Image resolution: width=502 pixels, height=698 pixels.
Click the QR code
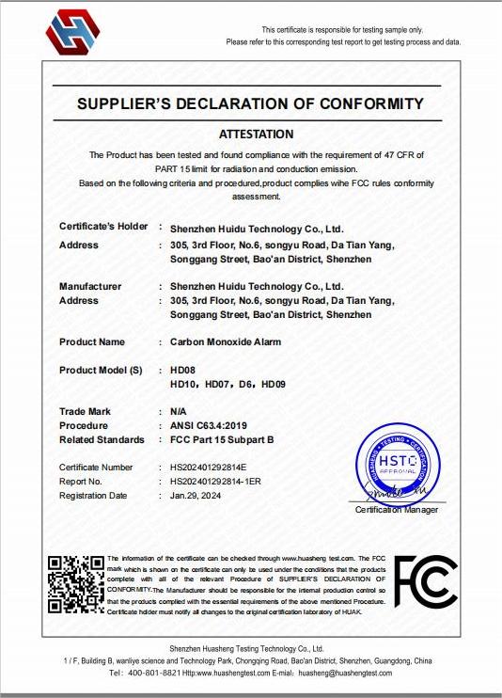coord(76,584)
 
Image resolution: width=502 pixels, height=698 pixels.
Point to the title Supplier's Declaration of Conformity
coord(250,103)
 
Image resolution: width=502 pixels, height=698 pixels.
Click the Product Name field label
coord(92,341)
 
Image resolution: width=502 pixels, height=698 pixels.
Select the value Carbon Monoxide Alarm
coord(226,341)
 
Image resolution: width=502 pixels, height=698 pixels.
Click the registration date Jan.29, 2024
coord(198,495)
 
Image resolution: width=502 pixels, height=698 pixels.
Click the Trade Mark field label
coord(85,411)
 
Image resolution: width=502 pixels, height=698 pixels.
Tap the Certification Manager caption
coord(396,510)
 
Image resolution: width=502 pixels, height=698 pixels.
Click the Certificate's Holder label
coord(103,227)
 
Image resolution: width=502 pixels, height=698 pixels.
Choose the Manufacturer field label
coord(90,286)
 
